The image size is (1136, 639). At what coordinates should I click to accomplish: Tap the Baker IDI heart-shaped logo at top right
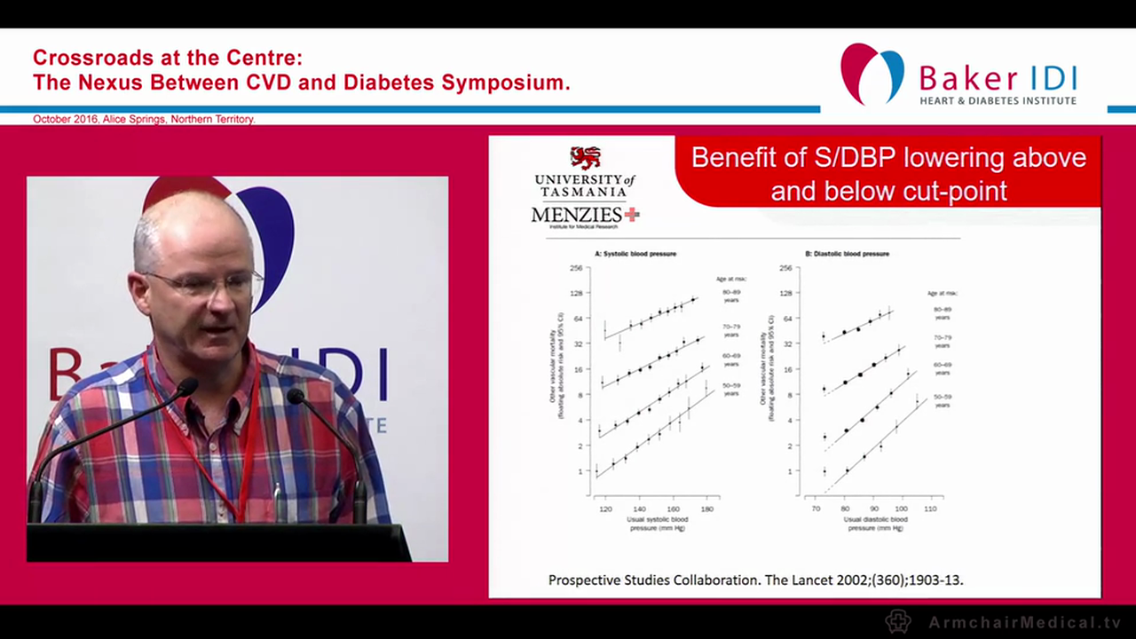click(x=872, y=74)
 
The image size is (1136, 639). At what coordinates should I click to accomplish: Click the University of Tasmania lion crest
click(x=585, y=158)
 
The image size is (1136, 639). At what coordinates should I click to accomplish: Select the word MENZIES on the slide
click(x=577, y=215)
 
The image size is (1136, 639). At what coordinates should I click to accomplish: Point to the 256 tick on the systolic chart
click(x=576, y=268)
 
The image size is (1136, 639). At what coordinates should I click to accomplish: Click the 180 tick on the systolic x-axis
click(x=707, y=510)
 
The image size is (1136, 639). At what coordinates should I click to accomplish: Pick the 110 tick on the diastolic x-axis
click(x=930, y=510)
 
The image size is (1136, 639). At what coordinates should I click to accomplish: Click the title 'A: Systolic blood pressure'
click(x=635, y=254)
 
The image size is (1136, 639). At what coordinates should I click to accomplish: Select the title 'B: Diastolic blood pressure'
click(x=847, y=254)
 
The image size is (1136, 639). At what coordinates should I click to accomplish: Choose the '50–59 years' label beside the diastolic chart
click(x=943, y=400)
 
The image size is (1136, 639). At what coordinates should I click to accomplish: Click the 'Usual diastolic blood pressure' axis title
click(x=875, y=523)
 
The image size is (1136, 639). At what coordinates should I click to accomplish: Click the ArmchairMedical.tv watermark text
click(x=1024, y=622)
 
